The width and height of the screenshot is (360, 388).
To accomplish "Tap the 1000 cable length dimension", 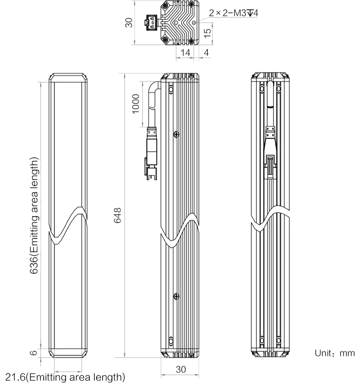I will pos(135,104).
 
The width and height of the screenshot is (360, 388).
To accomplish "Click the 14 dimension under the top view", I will pos(185,53).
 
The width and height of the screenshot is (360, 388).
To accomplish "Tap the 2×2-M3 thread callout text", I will pos(234,14).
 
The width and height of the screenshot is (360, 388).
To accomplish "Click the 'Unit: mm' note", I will pos(335,353).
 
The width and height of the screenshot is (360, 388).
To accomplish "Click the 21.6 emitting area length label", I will pos(65,378).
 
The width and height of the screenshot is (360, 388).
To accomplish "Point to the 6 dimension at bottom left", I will pos(33,352).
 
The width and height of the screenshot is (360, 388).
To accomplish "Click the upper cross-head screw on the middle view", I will pos(176,134).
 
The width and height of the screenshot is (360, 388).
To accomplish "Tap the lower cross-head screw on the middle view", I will pos(176,296).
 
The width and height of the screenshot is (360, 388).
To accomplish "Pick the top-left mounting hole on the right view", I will pos(262,88).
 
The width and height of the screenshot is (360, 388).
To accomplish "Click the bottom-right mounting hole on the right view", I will pos(279,340).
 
